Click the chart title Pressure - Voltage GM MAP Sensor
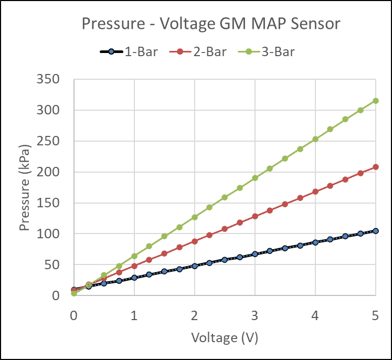tap(210, 24)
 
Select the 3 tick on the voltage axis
tap(255, 316)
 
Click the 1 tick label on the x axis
tap(134, 316)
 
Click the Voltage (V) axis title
tap(225, 337)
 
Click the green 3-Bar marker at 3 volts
tap(255, 178)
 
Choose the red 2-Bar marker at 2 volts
tap(195, 241)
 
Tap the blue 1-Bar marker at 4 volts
tap(315, 242)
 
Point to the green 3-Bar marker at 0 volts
tap(74, 293)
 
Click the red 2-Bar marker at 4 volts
tap(315, 192)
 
